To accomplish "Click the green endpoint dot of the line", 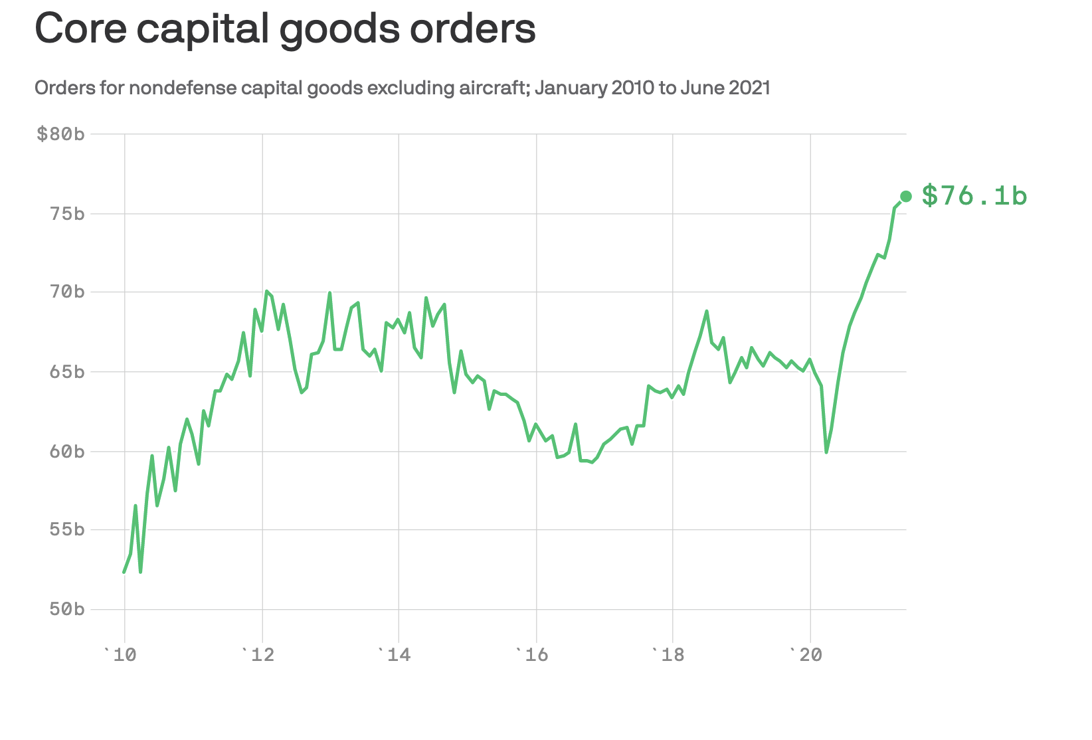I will pos(905,196).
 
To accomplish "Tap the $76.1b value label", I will pos(974,196).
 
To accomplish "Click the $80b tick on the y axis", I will pos(60,134).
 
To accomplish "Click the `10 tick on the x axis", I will pos(120,656).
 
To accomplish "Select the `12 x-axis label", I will pos(258,656).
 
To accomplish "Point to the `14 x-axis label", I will pos(395,656).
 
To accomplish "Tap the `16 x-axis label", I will pos(532,656).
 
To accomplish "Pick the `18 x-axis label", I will pos(669,656).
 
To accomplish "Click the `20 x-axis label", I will pos(806,656).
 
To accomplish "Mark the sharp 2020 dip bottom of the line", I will pos(826,452).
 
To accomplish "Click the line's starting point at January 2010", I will pos(124,572).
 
